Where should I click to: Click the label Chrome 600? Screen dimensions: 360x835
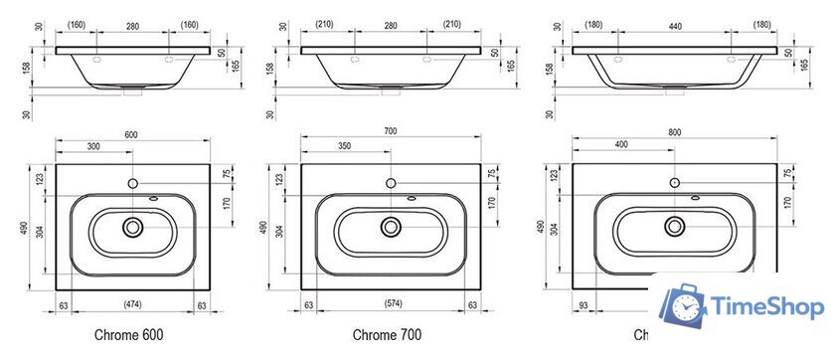[x=129, y=335]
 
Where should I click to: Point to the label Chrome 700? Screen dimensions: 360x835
[x=388, y=335]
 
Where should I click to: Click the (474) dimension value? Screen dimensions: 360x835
[x=132, y=303]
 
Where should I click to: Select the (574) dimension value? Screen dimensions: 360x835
[x=390, y=303]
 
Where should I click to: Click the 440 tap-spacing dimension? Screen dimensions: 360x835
[x=674, y=26]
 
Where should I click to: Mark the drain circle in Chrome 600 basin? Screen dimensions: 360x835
[x=132, y=228]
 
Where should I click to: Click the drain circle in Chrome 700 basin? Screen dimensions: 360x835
[x=390, y=228]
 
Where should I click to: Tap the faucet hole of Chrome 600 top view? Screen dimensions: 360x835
[x=132, y=184]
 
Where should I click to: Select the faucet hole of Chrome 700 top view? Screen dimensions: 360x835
[x=390, y=184]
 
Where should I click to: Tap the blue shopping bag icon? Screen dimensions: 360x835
[x=687, y=309]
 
